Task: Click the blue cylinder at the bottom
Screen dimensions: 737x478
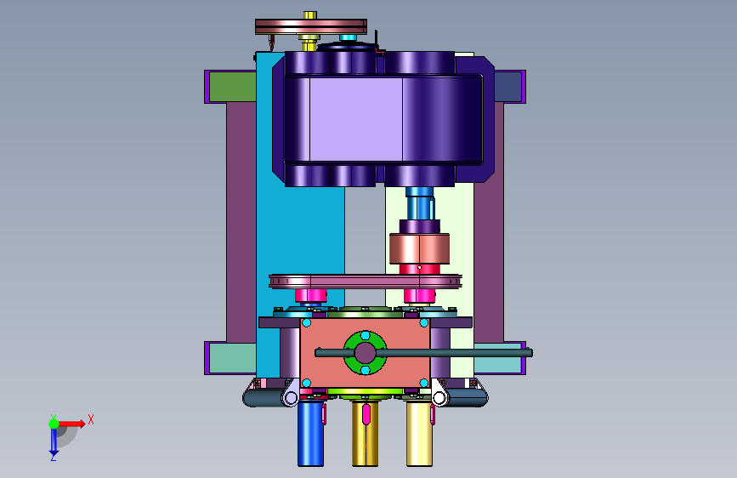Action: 310,433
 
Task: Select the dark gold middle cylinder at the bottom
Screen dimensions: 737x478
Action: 365,433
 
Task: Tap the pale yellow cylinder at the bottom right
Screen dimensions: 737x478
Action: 419,433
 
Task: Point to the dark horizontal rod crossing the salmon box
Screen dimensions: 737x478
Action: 423,352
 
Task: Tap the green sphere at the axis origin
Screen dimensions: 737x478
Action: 54,424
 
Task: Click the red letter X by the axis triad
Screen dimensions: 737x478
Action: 91,419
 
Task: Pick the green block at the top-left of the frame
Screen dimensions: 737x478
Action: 232,87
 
